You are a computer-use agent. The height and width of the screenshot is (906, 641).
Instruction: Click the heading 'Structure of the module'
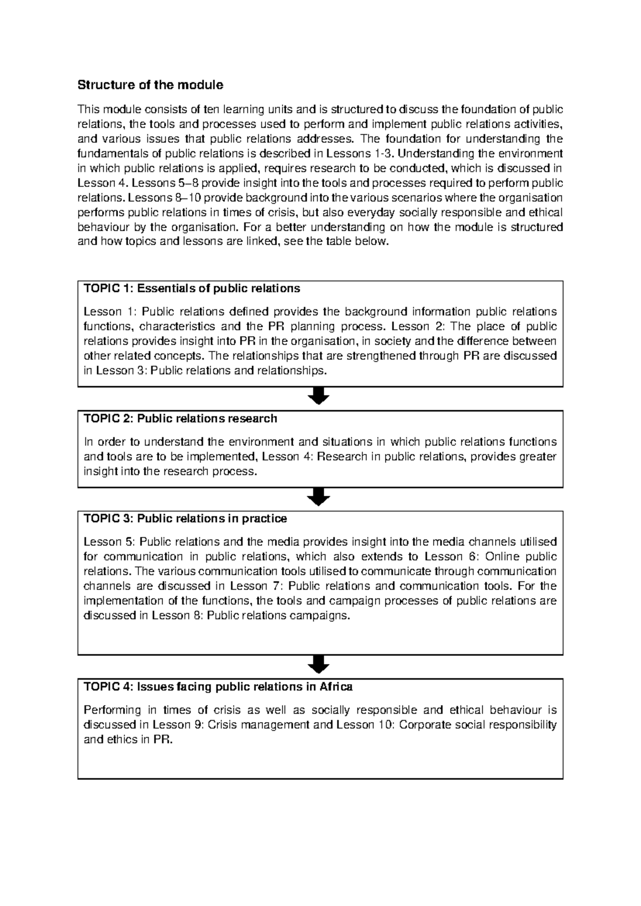(x=150, y=85)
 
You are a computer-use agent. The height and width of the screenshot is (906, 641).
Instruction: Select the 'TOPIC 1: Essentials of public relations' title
(x=192, y=289)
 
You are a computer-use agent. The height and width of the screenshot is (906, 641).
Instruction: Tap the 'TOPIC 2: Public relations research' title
(x=181, y=419)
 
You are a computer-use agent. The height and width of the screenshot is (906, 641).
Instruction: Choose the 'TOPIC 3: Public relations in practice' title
(x=185, y=519)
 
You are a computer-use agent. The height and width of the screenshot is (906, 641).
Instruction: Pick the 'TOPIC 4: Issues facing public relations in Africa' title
(x=218, y=687)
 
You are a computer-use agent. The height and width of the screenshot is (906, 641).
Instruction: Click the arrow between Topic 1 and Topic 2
(x=318, y=397)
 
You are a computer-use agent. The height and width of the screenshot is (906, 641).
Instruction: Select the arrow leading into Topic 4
(x=318, y=665)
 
